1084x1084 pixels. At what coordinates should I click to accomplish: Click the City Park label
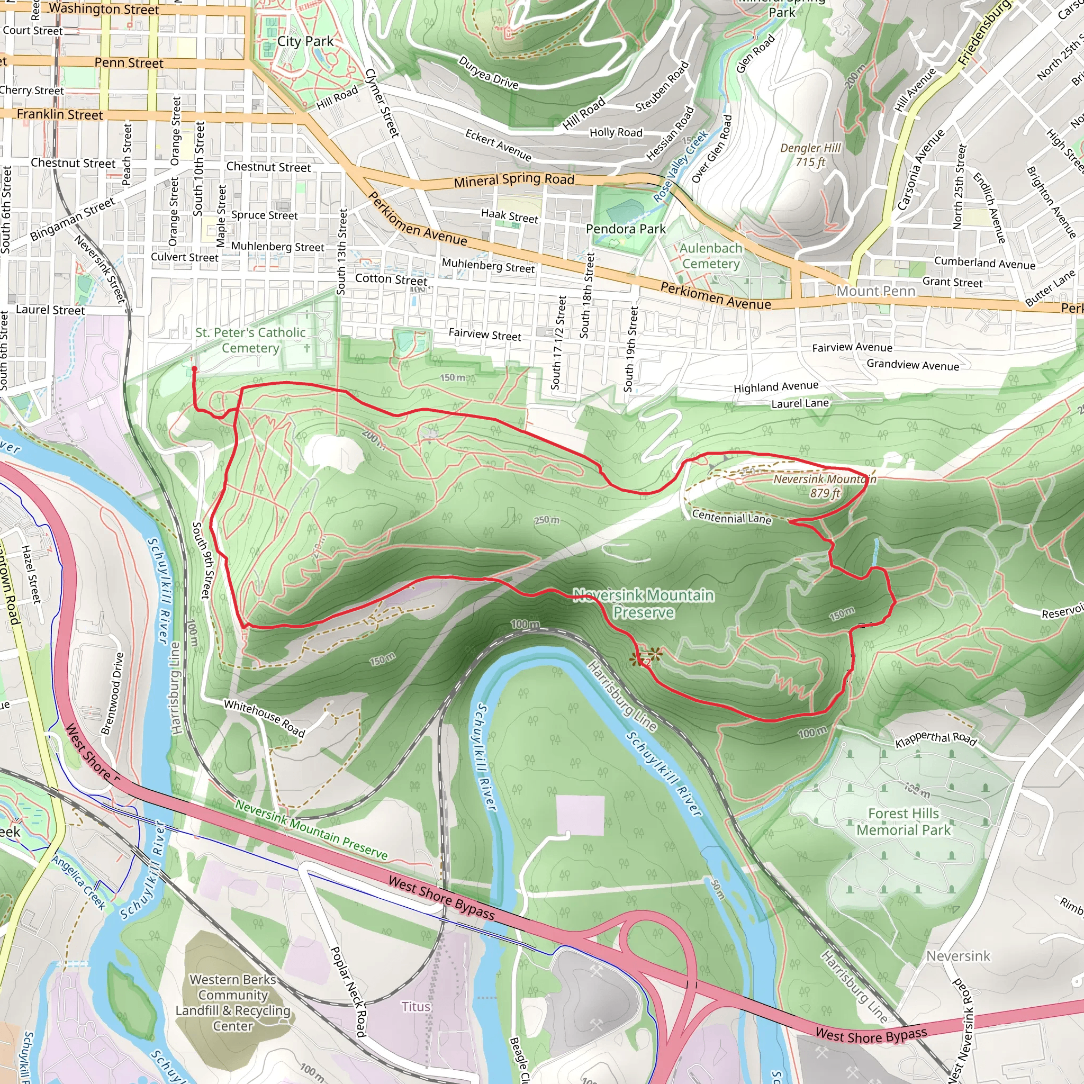click(x=305, y=41)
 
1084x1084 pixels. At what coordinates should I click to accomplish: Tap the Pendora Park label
click(x=626, y=229)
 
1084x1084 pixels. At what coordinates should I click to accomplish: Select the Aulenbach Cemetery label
click(x=710, y=256)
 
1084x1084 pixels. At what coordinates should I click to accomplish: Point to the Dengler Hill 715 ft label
click(x=810, y=155)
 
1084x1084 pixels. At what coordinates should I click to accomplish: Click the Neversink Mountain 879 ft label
click(x=824, y=486)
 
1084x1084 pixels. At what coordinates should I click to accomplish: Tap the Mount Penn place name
click(x=875, y=291)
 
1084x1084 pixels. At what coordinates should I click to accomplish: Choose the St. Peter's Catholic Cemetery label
click(x=250, y=340)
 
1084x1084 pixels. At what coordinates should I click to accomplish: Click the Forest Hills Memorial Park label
click(x=904, y=821)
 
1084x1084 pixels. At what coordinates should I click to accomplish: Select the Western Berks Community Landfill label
click(x=233, y=1002)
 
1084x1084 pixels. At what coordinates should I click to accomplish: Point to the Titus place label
click(x=415, y=1007)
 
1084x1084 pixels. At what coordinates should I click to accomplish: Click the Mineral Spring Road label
click(x=514, y=180)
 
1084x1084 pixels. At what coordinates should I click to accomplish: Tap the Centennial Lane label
click(x=731, y=517)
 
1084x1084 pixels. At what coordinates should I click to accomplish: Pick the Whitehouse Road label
click(x=264, y=718)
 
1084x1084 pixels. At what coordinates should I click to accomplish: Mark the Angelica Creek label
click(x=79, y=882)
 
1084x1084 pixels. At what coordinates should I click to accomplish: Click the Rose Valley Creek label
click(x=681, y=167)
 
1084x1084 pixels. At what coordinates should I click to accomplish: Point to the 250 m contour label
click(x=546, y=520)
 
